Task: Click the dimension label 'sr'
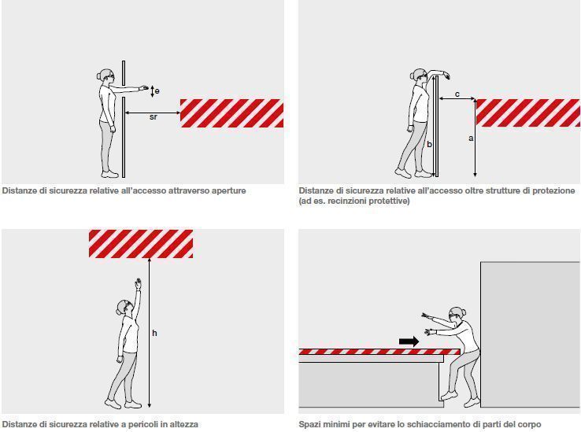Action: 153,117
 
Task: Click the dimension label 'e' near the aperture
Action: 157,91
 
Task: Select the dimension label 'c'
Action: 457,94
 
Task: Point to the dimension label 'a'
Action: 471,138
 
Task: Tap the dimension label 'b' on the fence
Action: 429,144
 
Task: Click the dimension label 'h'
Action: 154,333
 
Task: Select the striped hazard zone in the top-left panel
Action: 231,113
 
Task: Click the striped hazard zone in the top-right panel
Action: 527,113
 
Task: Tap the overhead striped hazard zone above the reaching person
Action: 140,244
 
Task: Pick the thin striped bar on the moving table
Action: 378,352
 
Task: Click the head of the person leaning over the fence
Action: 418,76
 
